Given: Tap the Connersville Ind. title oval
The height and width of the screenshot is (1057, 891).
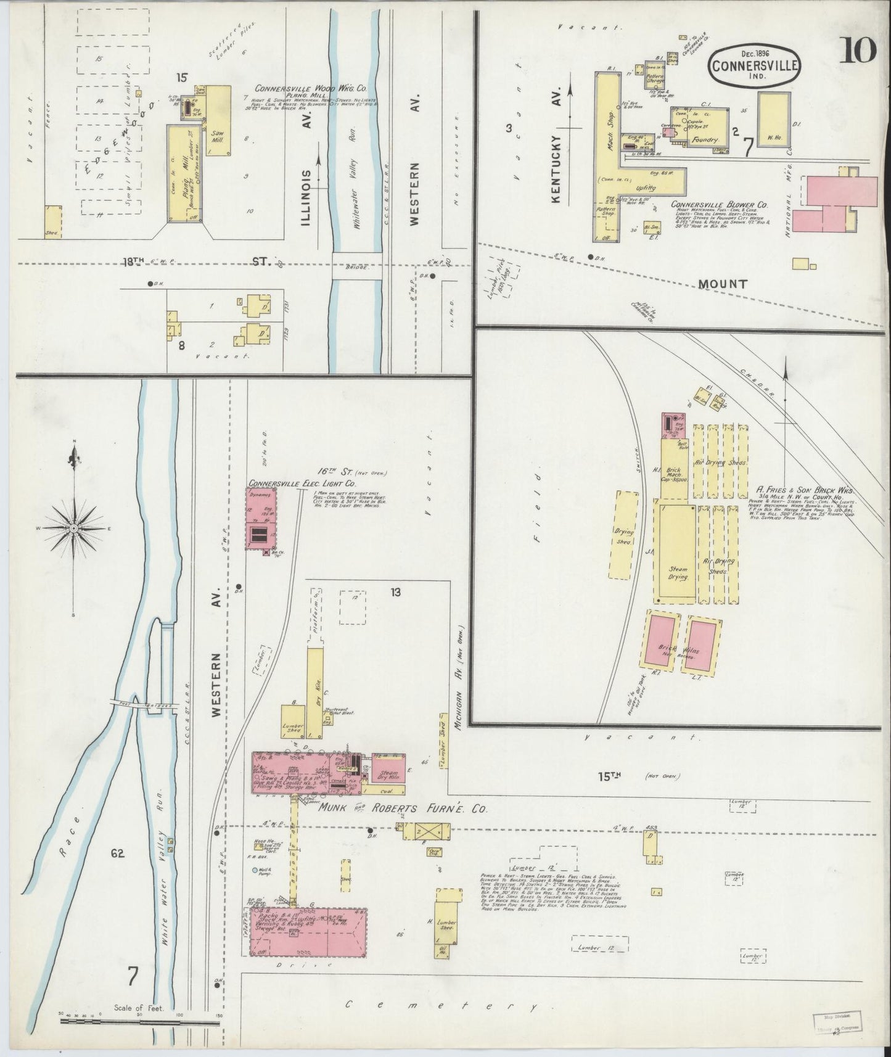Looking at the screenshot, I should (755, 65).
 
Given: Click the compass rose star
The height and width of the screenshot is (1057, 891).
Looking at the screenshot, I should (73, 529).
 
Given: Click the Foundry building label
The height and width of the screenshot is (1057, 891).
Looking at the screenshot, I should (705, 140).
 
